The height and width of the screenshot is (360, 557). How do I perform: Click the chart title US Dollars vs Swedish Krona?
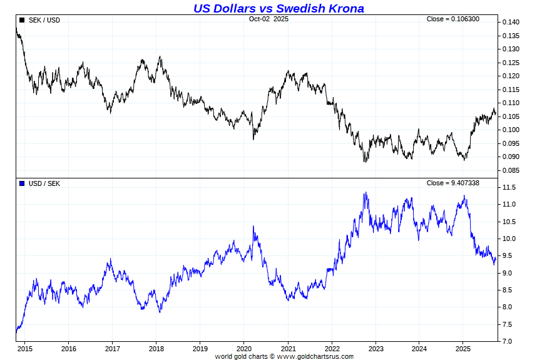coord(278,8)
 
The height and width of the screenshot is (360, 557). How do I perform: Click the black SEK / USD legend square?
coord(23,20)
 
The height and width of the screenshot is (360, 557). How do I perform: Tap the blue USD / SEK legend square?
coord(23,183)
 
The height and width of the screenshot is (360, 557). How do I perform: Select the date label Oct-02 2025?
coord(268,19)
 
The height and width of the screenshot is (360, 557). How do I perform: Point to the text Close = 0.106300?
coord(453,19)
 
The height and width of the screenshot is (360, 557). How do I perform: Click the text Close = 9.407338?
coord(453,183)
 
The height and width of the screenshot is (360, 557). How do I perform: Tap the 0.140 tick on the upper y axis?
coord(510,23)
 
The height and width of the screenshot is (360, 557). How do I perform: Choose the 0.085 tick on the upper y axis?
coord(510,170)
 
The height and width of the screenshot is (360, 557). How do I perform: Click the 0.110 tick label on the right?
coord(510,103)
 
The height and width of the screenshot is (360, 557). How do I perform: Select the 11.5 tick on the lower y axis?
coord(508,188)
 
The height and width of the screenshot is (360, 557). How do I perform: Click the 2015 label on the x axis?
coord(25,349)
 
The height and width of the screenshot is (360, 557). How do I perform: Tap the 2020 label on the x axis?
coord(244,349)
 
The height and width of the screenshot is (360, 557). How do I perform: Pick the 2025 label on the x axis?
coord(463,349)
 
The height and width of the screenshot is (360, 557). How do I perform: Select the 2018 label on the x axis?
coord(156,349)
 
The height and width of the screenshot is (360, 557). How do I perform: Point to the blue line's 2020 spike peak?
coord(253,227)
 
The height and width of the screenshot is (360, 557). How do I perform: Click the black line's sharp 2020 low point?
coord(253,138)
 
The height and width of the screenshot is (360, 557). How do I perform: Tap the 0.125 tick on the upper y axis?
coord(510,63)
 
